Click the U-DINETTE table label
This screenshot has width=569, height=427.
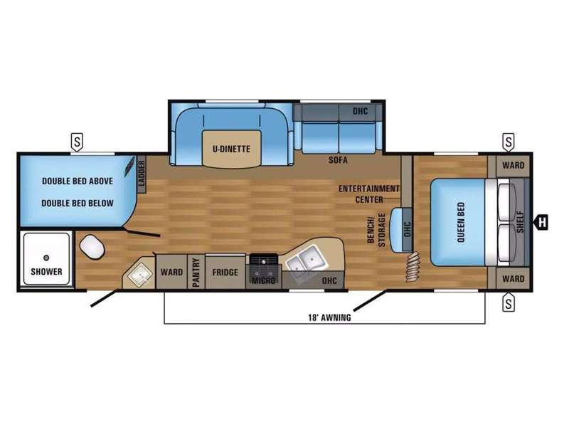[231, 149]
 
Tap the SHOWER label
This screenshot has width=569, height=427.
[46, 271]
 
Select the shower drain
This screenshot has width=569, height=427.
[46, 258]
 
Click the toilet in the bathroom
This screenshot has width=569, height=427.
[92, 247]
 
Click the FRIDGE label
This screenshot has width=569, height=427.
[225, 273]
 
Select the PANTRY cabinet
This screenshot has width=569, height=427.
[196, 273]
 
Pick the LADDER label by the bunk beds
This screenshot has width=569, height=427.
[142, 174]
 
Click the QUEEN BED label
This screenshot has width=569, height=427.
[460, 222]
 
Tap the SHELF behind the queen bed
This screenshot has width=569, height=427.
[520, 222]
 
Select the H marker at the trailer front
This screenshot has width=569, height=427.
[541, 222]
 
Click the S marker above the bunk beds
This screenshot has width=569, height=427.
[77, 142]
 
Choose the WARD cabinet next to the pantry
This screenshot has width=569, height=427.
[171, 272]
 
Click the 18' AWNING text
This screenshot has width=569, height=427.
[329, 317]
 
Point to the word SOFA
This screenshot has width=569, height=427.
[338, 159]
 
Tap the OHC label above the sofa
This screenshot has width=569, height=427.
[360, 111]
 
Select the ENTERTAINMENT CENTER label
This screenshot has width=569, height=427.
[369, 194]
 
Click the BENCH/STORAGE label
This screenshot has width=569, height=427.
[376, 230]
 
